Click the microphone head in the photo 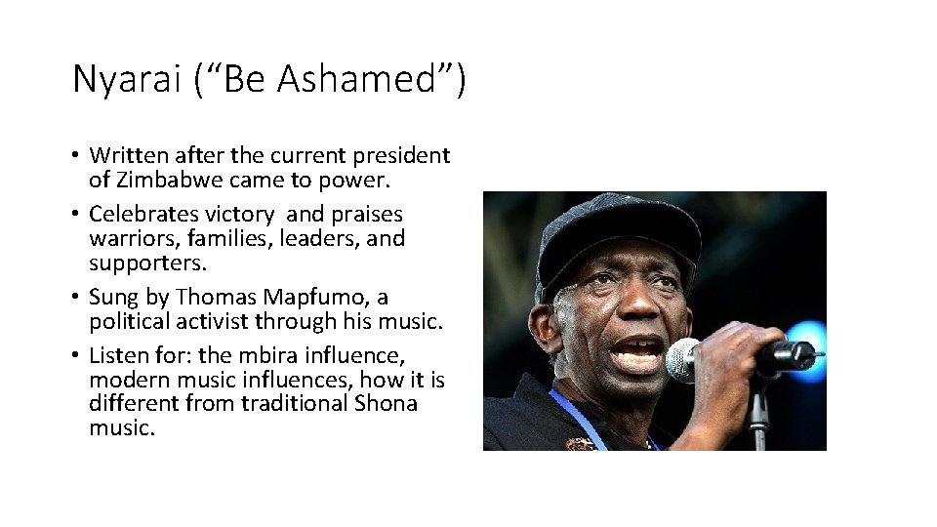[x=682, y=360]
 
